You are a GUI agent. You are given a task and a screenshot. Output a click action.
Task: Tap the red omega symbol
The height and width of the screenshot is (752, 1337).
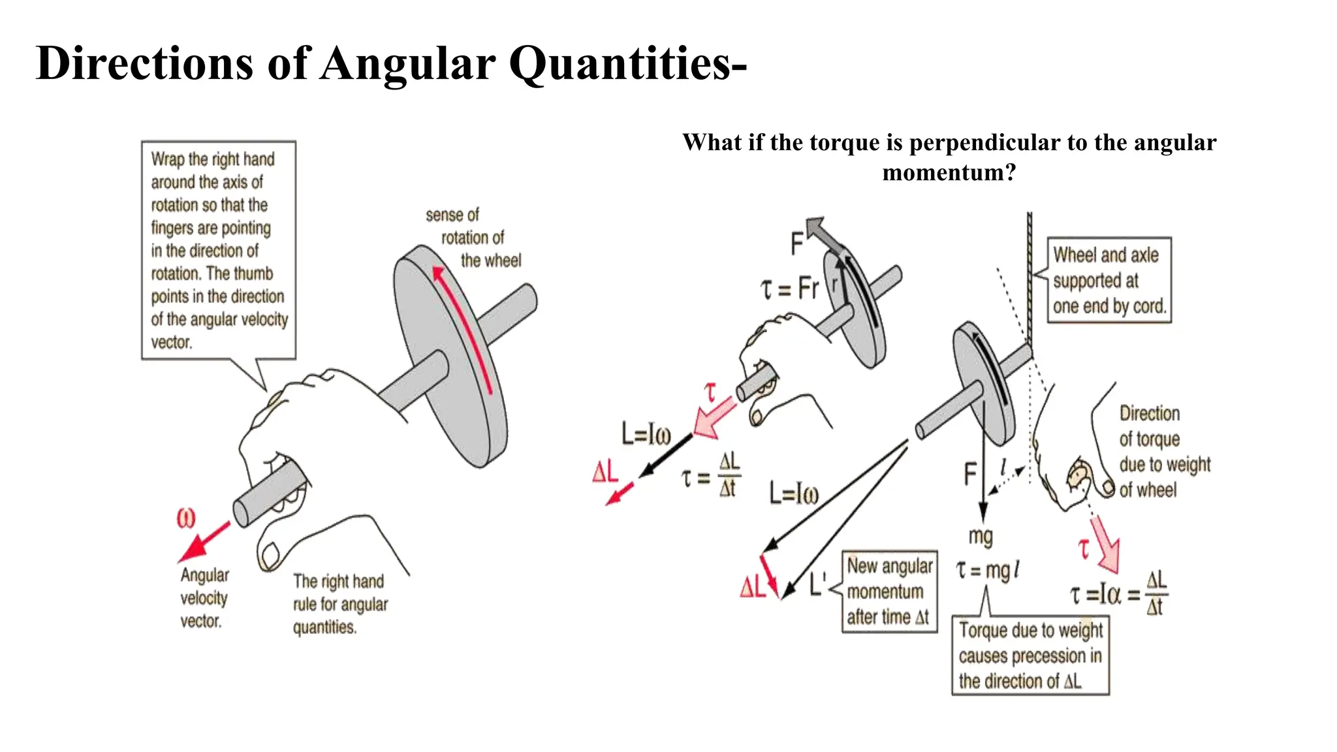pos(186,518)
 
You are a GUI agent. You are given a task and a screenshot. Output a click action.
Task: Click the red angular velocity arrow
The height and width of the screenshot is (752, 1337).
pos(204,542)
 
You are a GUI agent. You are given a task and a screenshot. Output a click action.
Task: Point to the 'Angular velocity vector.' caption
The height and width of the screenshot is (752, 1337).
pos(204,597)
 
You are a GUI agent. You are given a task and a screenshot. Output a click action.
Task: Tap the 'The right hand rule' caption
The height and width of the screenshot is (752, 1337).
pos(339,604)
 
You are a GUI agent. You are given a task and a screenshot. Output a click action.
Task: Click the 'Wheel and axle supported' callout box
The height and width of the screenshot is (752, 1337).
pos(1109,280)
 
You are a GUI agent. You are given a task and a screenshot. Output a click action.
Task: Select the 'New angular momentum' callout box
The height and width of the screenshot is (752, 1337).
pos(889,591)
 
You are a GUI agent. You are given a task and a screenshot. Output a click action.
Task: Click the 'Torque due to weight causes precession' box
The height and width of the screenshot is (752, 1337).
pos(1030,655)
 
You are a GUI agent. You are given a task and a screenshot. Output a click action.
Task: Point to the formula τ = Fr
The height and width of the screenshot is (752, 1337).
pos(789,288)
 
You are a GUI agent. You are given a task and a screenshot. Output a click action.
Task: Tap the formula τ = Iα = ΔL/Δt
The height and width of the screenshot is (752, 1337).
pos(1118,593)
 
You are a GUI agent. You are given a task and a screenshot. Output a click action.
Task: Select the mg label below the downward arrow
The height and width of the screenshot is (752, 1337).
pos(981,536)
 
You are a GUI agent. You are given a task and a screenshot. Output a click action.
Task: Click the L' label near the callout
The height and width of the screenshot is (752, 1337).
pos(817,584)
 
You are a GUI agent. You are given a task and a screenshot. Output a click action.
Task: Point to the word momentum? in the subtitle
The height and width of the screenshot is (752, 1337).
pos(949,172)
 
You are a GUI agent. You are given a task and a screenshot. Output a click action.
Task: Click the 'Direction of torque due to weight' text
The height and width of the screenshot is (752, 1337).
pos(1164,451)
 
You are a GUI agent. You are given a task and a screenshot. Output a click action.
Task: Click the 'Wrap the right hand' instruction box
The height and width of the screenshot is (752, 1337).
pos(219,250)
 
